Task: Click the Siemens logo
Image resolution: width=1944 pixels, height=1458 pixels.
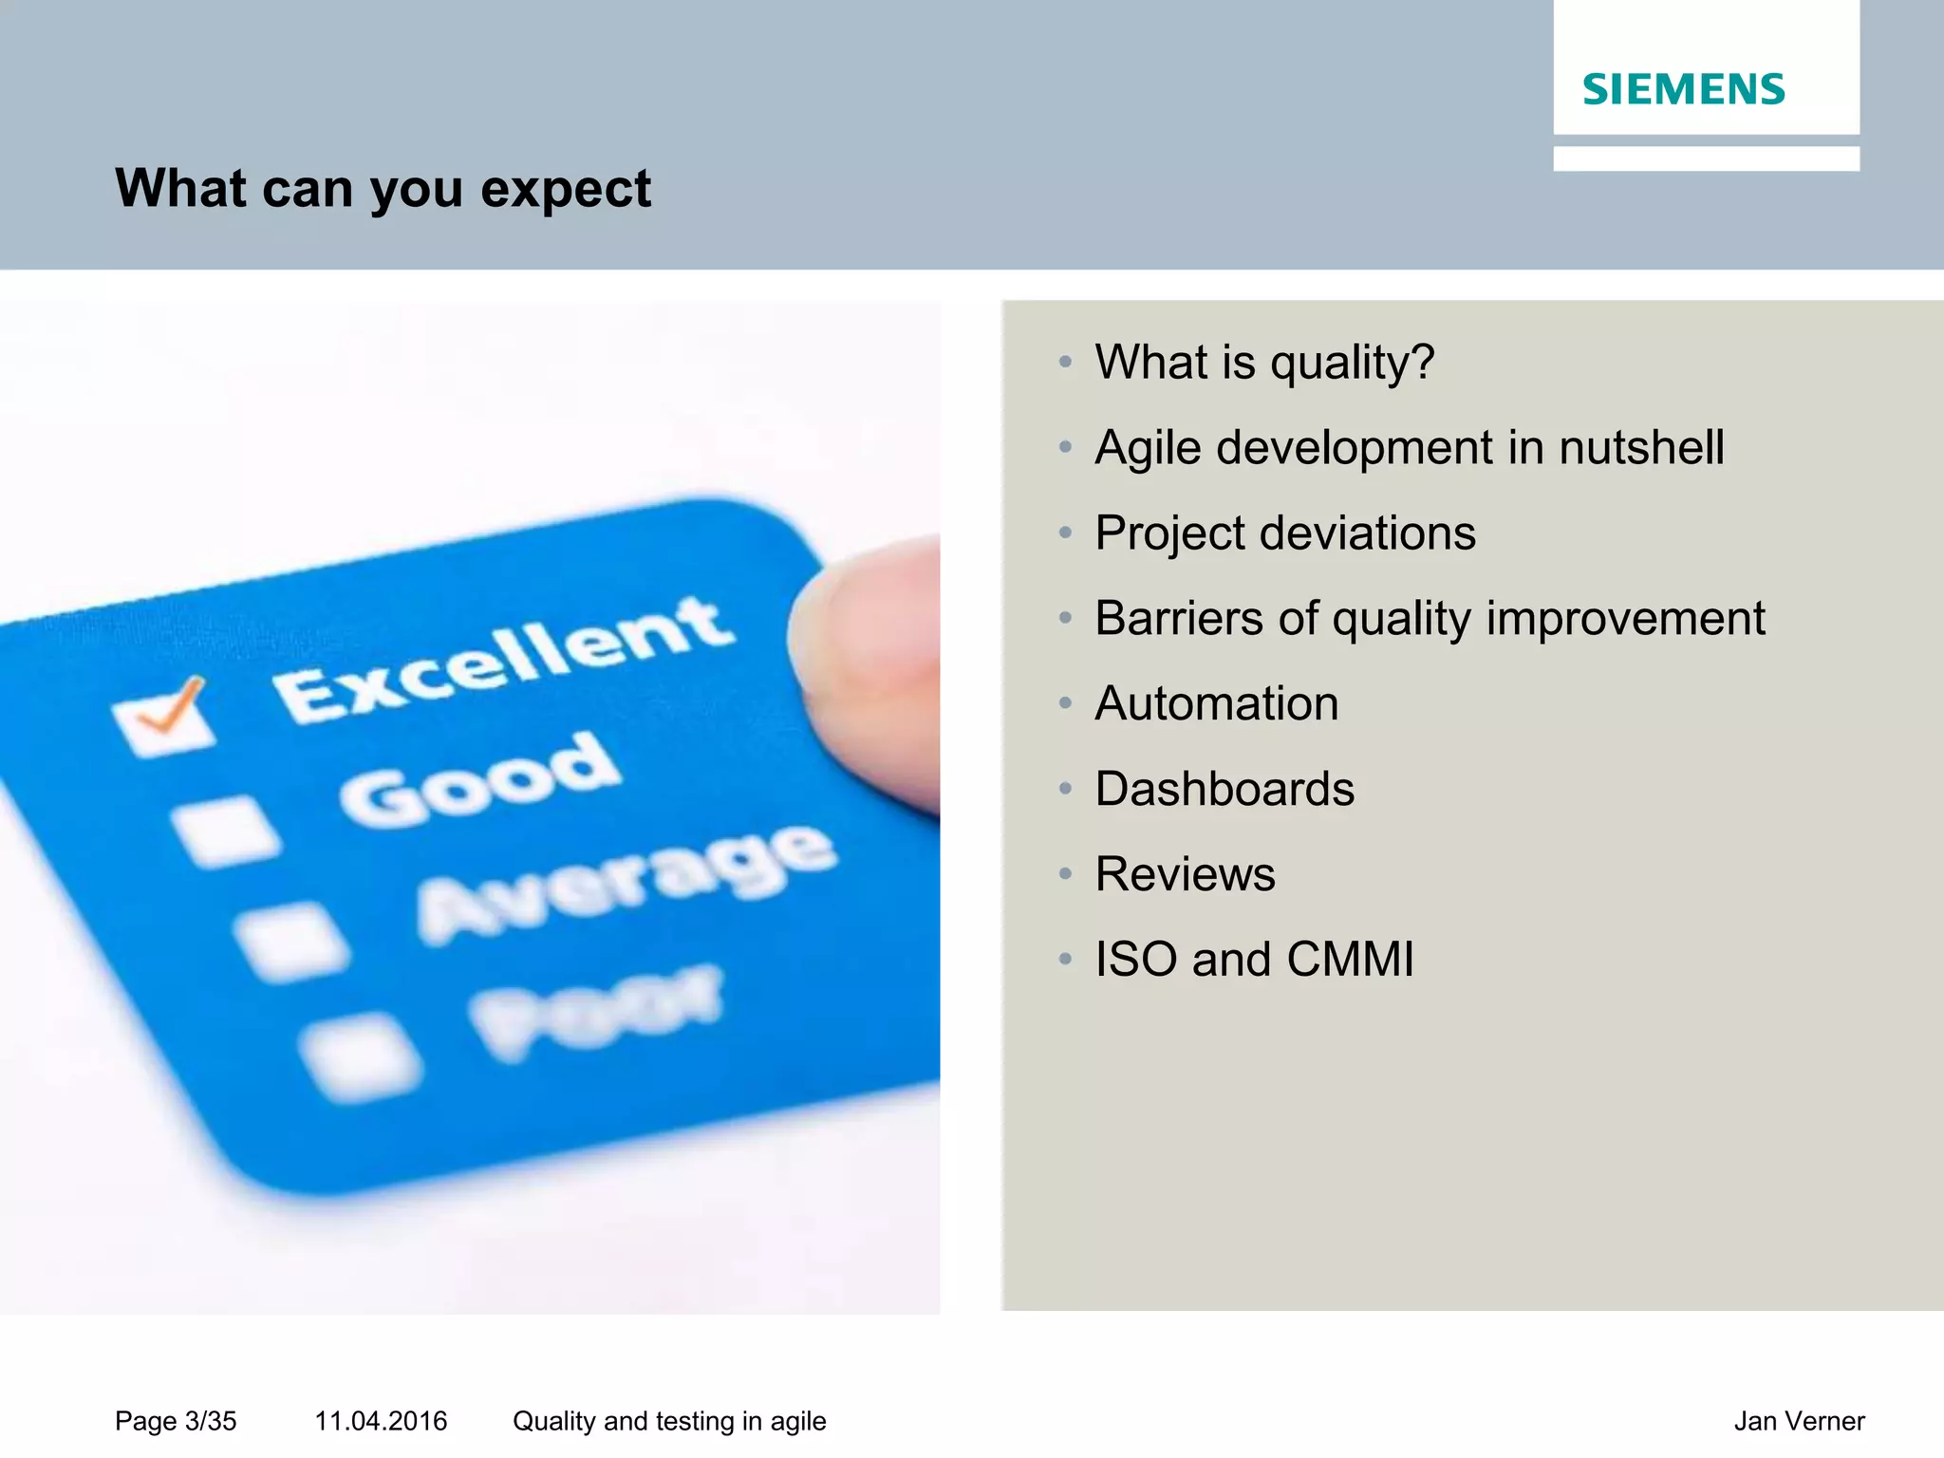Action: click(x=1683, y=89)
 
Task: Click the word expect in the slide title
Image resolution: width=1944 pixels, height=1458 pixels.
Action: click(x=566, y=190)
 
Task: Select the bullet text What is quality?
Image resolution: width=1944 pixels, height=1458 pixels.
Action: click(x=1263, y=363)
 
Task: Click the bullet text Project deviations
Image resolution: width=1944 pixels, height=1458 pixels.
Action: click(x=1285, y=533)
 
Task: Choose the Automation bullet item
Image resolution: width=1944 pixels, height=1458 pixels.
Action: click(x=1216, y=704)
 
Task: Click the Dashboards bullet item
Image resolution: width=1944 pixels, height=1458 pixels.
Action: click(x=1224, y=790)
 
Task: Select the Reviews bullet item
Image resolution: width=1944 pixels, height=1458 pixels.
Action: click(x=1185, y=874)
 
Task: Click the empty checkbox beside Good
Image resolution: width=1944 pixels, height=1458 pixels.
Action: click(x=224, y=832)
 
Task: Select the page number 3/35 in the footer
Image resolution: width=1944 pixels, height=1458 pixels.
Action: click(x=210, y=1421)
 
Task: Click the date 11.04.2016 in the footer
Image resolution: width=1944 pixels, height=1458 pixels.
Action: click(x=381, y=1421)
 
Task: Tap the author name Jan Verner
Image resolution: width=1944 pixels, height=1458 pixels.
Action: click(x=1799, y=1421)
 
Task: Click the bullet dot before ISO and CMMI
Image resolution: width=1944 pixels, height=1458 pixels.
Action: click(x=1065, y=960)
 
